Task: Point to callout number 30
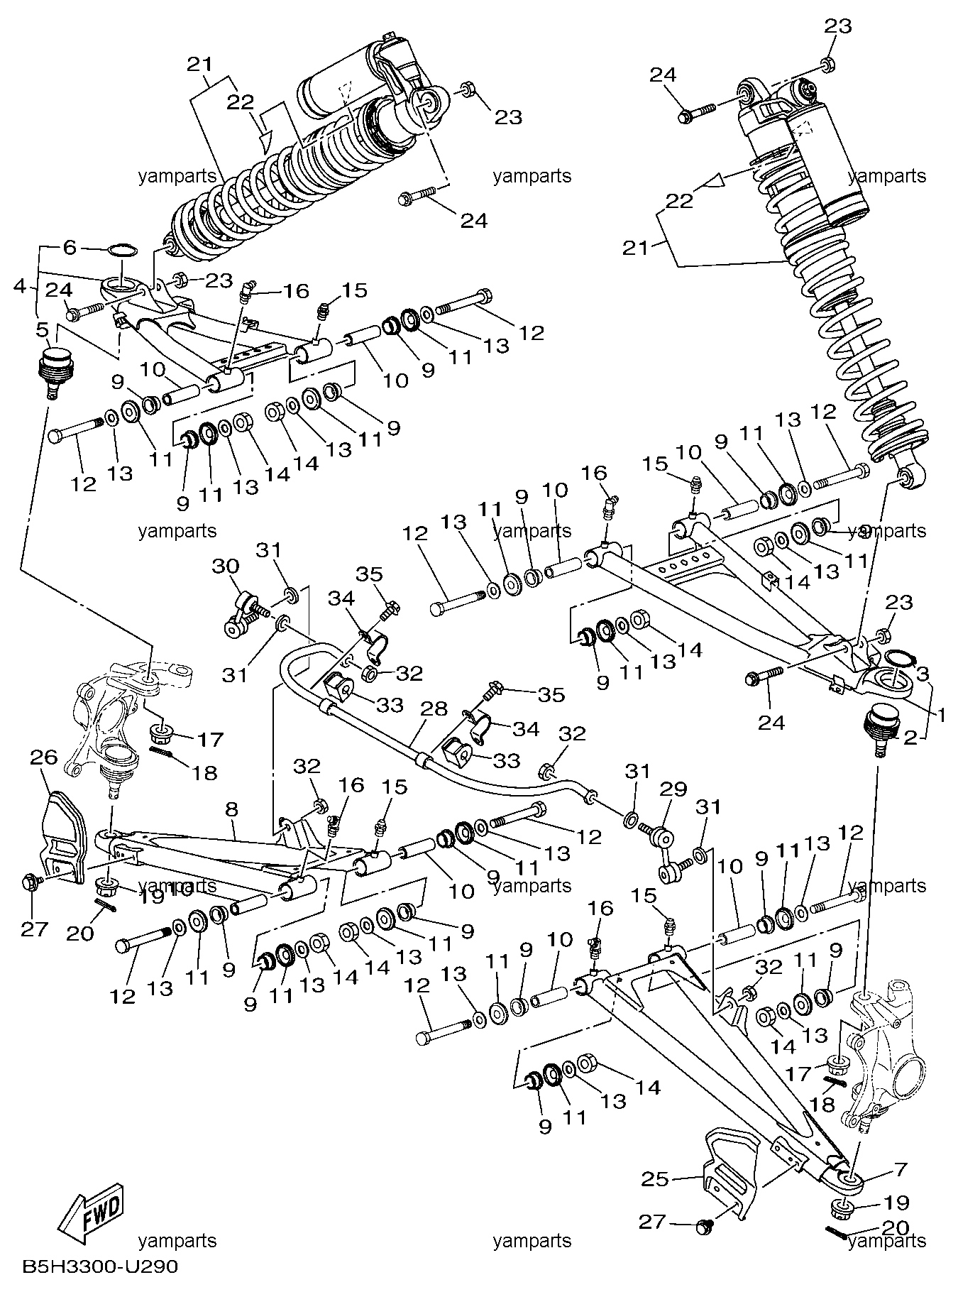pos(225,566)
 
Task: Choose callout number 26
pos(43,758)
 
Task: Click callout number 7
pos(901,1168)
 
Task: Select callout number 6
pos(69,248)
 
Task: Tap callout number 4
pos(19,288)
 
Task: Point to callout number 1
pos(942,717)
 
